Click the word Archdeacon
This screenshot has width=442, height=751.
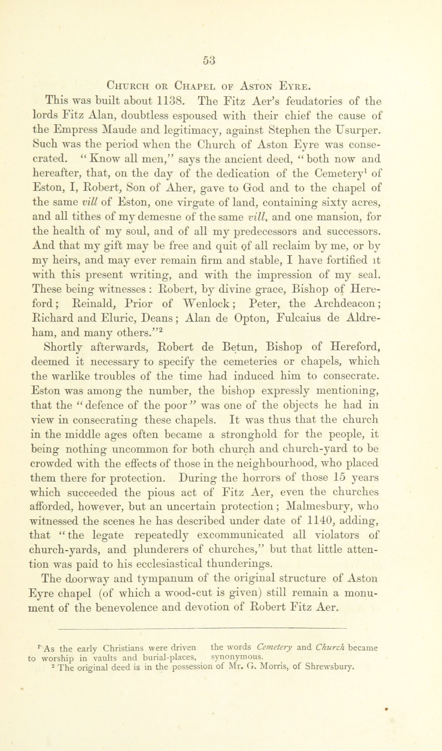pos(346,304)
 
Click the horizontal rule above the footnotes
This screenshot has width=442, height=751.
pos(202,635)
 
